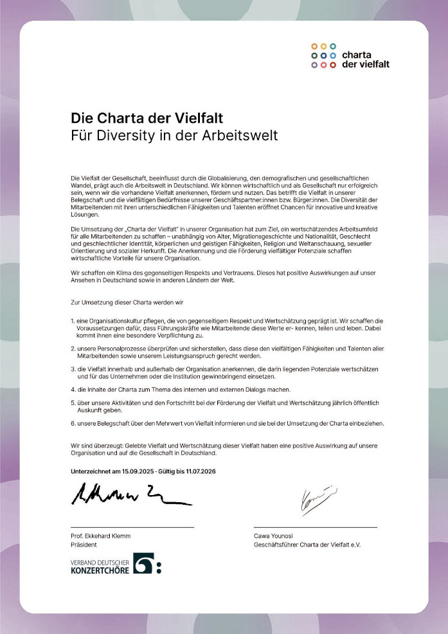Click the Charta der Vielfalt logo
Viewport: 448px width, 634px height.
coord(350,55)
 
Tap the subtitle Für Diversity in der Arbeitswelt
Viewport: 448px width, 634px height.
coord(174,136)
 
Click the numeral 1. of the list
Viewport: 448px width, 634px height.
coord(73,320)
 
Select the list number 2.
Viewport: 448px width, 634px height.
coord(73,347)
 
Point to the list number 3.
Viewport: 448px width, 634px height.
coord(73,369)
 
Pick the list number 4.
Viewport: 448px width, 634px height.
coord(73,390)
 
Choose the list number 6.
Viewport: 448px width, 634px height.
coord(73,424)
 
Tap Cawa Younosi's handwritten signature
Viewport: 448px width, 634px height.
coord(316,499)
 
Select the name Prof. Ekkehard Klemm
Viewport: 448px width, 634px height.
coord(102,536)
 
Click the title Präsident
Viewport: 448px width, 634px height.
coord(84,545)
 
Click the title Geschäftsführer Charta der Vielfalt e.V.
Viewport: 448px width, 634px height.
coord(307,545)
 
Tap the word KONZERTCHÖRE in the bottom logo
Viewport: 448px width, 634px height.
coord(100,569)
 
